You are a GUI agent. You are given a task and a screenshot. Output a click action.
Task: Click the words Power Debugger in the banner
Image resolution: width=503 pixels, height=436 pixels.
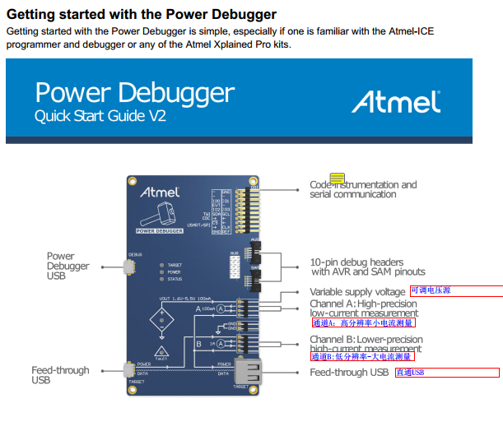point(134,93)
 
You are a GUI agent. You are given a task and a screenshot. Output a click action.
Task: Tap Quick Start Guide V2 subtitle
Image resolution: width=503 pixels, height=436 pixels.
point(100,117)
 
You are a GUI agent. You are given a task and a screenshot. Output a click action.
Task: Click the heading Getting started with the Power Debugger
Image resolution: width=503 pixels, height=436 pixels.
point(142,14)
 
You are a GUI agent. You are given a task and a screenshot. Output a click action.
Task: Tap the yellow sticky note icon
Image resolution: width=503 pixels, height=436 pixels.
point(338,179)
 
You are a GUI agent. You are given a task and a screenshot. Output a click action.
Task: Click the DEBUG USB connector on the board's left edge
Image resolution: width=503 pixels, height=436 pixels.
point(128,267)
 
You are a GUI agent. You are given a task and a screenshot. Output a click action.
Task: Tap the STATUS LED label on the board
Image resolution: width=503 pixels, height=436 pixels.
point(175,280)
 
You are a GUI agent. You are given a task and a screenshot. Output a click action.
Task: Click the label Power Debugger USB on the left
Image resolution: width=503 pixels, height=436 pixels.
point(68,266)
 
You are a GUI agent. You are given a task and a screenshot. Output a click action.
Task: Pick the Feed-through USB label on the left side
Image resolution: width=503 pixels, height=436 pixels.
point(60,375)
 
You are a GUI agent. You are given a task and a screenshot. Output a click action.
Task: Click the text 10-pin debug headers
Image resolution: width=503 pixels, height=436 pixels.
point(356,262)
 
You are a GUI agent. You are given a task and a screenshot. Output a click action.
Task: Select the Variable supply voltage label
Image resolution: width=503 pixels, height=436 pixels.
point(357,292)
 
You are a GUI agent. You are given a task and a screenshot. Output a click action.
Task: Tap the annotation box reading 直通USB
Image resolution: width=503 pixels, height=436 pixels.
point(410,373)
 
